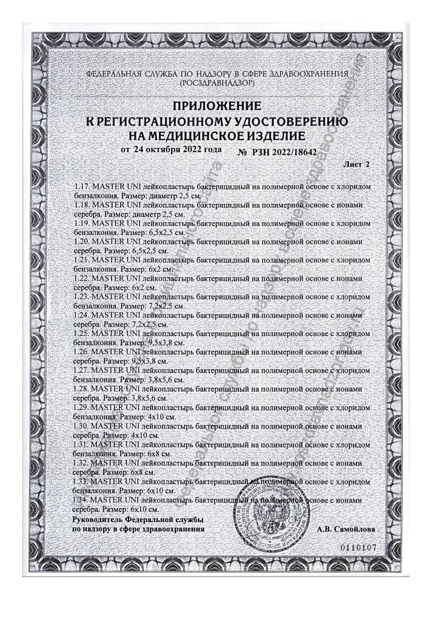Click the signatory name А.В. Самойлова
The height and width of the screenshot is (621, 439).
346,529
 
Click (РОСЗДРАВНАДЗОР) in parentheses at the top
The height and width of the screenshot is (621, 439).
218,81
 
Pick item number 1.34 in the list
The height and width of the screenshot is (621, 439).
81,500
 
